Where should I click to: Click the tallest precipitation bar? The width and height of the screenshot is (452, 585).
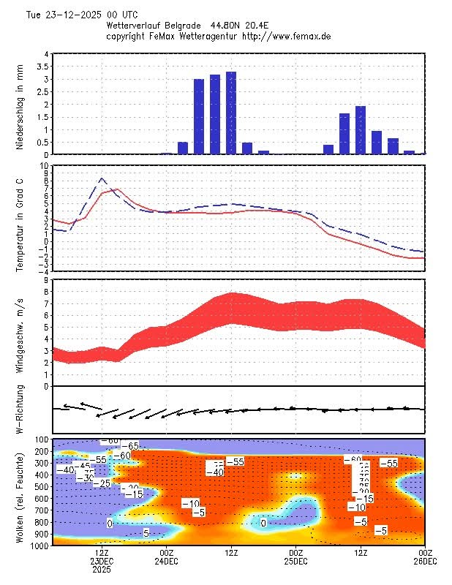pos(231,113)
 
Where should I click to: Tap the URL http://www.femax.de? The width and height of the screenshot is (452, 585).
pos(288,35)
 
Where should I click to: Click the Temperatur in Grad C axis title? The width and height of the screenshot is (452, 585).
pos(21,219)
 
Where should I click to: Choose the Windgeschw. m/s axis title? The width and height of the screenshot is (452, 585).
pos(21,333)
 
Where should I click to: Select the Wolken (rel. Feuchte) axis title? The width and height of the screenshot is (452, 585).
pos(21,494)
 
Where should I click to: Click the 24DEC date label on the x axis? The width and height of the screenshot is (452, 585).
pos(167,562)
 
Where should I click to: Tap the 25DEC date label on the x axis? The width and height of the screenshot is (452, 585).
pos(295,562)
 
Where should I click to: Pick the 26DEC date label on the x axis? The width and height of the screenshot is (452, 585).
pos(424,562)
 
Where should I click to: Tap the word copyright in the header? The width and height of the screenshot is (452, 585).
pos(127,35)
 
